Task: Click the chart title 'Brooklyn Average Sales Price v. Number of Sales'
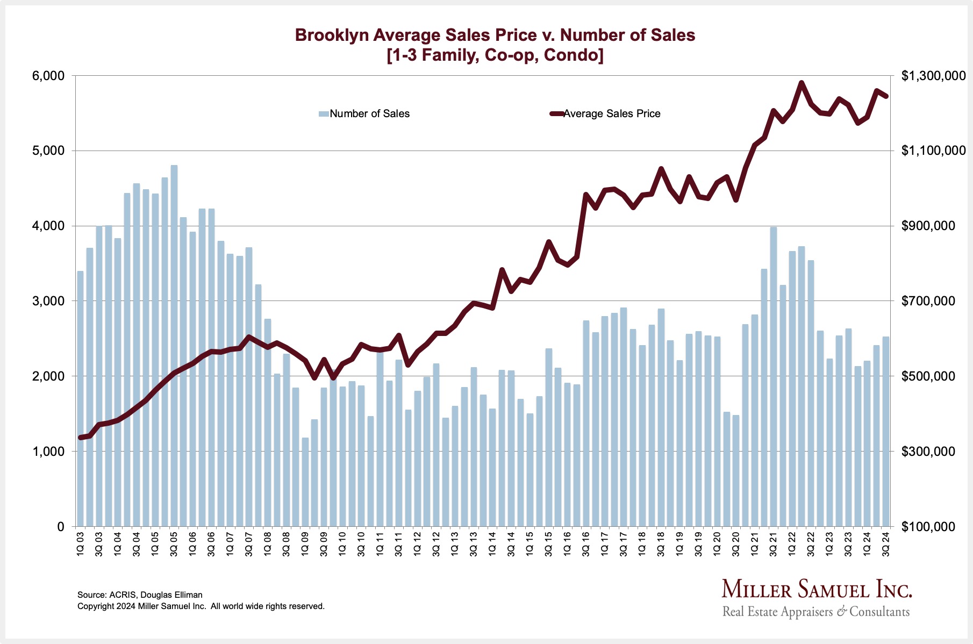tap(495, 35)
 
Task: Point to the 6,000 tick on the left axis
tap(48, 76)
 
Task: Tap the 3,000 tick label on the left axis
tap(48, 301)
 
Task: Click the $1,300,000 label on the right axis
tap(933, 76)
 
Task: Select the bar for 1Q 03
tap(80, 398)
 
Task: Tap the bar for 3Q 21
tap(774, 376)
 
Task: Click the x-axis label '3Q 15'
tap(548, 543)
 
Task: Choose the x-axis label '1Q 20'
tap(717, 543)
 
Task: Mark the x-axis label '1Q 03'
tap(80, 543)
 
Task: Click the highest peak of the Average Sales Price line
tap(802, 83)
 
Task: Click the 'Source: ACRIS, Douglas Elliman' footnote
tap(140, 595)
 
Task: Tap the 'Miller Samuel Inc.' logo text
tap(817, 589)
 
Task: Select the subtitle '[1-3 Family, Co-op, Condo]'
tap(495, 55)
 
